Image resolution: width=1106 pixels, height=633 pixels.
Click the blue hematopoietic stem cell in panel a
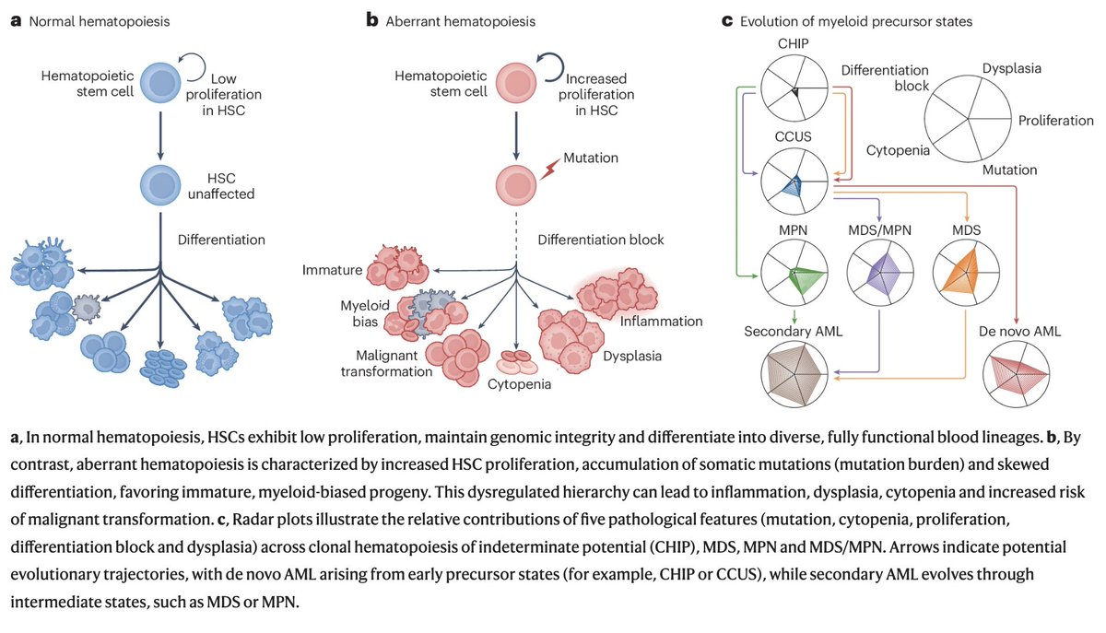(x=160, y=82)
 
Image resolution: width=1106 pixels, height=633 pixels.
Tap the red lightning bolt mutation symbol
(x=549, y=169)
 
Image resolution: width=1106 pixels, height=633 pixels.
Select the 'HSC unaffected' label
(x=220, y=186)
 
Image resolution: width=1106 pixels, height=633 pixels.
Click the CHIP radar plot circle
(x=794, y=88)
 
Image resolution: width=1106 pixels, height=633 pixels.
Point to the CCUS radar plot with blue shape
(x=794, y=182)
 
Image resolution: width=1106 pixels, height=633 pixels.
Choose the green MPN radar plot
(x=794, y=273)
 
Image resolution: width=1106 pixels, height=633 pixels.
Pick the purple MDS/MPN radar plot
(x=880, y=273)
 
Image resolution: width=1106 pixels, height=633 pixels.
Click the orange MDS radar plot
(x=966, y=273)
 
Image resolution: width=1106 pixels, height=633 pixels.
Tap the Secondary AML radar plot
(x=794, y=374)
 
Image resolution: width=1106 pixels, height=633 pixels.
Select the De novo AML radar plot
(x=1016, y=374)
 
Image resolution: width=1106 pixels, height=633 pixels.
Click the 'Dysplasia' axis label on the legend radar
(x=1012, y=68)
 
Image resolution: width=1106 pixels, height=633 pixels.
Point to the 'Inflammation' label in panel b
(x=661, y=321)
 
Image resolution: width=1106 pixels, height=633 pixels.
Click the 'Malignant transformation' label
(x=386, y=363)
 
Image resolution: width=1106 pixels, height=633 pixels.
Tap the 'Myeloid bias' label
(x=365, y=313)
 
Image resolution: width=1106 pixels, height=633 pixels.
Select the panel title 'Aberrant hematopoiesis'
(x=460, y=22)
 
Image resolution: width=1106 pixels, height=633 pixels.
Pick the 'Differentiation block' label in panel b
(x=600, y=240)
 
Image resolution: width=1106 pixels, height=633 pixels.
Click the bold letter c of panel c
(x=726, y=22)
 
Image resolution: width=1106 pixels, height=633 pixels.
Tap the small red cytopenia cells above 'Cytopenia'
(x=516, y=361)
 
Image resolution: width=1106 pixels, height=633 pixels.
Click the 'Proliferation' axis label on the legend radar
(x=1055, y=121)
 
